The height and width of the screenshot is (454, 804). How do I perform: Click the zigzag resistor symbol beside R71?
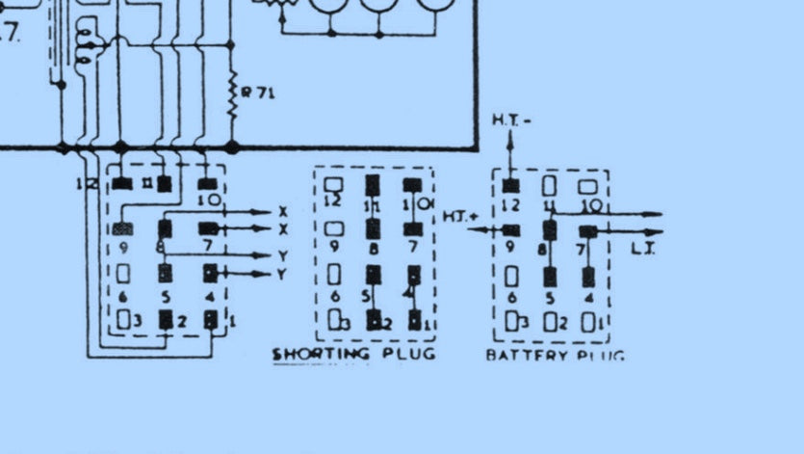[232, 95]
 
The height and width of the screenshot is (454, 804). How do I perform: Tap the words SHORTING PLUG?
[353, 354]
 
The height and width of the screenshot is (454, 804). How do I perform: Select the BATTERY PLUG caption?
[554, 355]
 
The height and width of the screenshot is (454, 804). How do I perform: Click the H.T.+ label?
[460, 217]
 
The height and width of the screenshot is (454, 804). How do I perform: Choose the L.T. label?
[644, 250]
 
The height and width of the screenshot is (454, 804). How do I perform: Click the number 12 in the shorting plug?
[334, 202]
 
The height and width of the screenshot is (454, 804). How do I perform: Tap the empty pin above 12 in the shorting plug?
[334, 183]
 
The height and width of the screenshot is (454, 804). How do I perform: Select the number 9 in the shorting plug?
[334, 247]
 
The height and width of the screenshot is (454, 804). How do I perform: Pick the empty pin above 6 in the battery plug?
[511, 277]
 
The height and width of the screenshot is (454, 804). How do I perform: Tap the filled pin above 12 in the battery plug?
[510, 184]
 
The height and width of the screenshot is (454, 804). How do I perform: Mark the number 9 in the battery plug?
[510, 247]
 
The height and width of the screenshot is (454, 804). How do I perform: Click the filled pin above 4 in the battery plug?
[588, 277]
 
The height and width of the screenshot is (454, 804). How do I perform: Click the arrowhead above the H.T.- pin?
[510, 137]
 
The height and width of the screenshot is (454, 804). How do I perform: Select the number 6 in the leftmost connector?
[123, 296]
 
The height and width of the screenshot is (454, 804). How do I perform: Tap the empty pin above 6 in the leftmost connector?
[123, 274]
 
